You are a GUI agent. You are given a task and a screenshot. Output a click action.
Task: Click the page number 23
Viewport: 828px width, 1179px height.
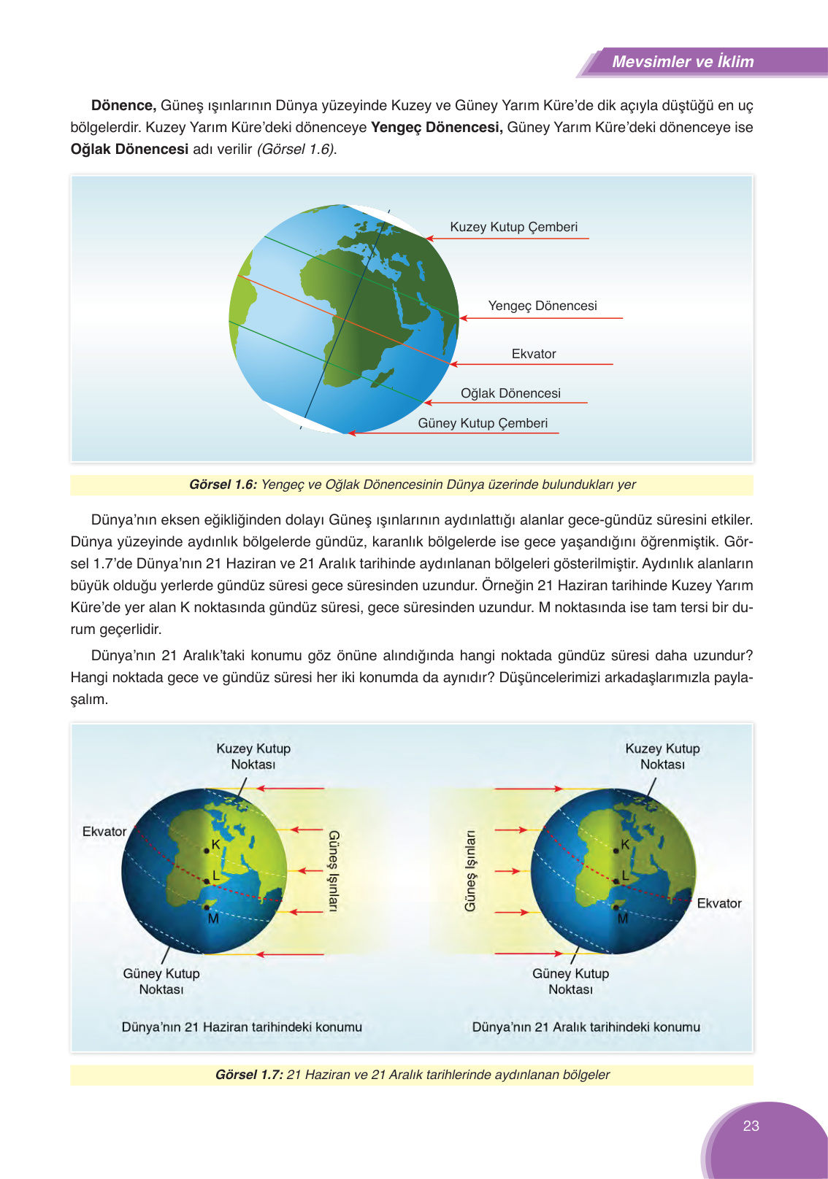[x=751, y=1126]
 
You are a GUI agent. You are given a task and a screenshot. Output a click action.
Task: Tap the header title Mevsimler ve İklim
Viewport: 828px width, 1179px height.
[x=682, y=62]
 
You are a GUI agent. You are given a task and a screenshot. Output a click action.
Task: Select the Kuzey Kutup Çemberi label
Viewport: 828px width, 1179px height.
[x=513, y=227]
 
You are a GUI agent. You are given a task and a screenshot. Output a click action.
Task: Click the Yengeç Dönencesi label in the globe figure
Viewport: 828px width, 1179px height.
[x=542, y=306]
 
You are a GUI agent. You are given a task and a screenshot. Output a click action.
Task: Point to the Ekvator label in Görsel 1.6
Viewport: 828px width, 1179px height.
[x=533, y=354]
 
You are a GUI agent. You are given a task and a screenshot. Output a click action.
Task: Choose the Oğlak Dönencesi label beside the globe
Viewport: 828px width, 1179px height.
[x=510, y=393]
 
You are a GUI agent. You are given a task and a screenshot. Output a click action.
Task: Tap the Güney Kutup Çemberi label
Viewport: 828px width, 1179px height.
[x=482, y=423]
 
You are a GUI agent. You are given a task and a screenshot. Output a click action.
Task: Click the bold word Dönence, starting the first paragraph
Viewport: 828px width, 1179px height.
[x=123, y=106]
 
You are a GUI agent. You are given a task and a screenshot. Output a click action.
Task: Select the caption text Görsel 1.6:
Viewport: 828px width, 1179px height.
[x=223, y=484]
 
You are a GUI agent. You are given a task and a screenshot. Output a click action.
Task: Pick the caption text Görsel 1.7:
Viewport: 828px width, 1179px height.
[x=249, y=1075]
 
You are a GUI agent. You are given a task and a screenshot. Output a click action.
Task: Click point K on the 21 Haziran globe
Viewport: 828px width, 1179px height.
[x=207, y=850]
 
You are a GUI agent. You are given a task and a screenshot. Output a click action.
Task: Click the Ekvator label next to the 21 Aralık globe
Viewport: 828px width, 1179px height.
[x=718, y=903]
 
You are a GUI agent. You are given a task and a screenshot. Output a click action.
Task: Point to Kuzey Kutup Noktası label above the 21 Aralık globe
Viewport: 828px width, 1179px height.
[x=662, y=757]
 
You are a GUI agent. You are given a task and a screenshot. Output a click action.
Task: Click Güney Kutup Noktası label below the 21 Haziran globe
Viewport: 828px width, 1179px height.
[x=161, y=981]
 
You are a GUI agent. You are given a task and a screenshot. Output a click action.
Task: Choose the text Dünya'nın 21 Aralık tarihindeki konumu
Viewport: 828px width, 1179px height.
[x=586, y=1027]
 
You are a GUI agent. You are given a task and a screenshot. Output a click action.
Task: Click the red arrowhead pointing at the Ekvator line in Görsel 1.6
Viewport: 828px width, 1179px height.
[x=453, y=364]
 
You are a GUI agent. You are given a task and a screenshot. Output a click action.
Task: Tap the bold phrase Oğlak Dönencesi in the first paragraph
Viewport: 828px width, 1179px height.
[x=129, y=150]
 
